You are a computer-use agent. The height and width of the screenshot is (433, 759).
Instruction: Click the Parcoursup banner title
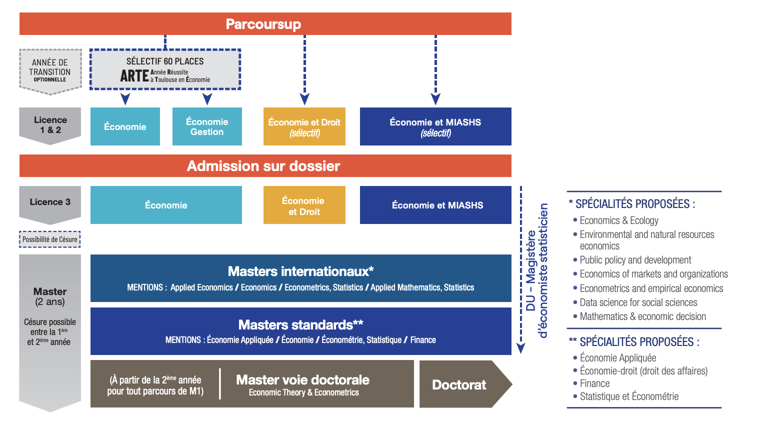[x=263, y=24]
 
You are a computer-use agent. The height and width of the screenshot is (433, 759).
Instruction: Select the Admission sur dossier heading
[x=263, y=166]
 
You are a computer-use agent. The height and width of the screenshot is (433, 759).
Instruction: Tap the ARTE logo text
[x=134, y=76]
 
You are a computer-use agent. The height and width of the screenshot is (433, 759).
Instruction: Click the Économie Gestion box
[x=207, y=127]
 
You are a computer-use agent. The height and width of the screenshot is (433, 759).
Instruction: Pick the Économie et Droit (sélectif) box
[x=304, y=127]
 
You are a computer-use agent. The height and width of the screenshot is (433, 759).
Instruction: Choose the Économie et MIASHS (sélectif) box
[x=435, y=127]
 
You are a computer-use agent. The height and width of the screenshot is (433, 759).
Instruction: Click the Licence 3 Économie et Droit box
[x=304, y=205]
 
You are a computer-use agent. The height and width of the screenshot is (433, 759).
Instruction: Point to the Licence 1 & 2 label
[x=50, y=125]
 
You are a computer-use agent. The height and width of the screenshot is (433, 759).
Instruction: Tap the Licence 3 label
[x=50, y=202]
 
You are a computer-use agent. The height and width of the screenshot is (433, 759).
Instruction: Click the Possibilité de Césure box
[x=50, y=239]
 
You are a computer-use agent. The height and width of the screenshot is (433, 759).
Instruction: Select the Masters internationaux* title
[x=300, y=271]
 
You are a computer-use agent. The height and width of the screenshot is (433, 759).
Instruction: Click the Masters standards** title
[x=300, y=325]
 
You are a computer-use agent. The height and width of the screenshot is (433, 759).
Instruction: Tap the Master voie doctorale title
[x=302, y=380]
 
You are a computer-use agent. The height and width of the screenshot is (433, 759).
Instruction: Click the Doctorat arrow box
[x=459, y=384]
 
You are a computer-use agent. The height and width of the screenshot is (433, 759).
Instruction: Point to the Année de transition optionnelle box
[x=50, y=70]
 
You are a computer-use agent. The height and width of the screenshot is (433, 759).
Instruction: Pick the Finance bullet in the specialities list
[x=594, y=383]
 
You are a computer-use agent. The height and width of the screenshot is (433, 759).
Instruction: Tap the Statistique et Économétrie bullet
[x=629, y=396]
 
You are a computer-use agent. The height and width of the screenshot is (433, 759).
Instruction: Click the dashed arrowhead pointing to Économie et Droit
[x=304, y=99]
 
